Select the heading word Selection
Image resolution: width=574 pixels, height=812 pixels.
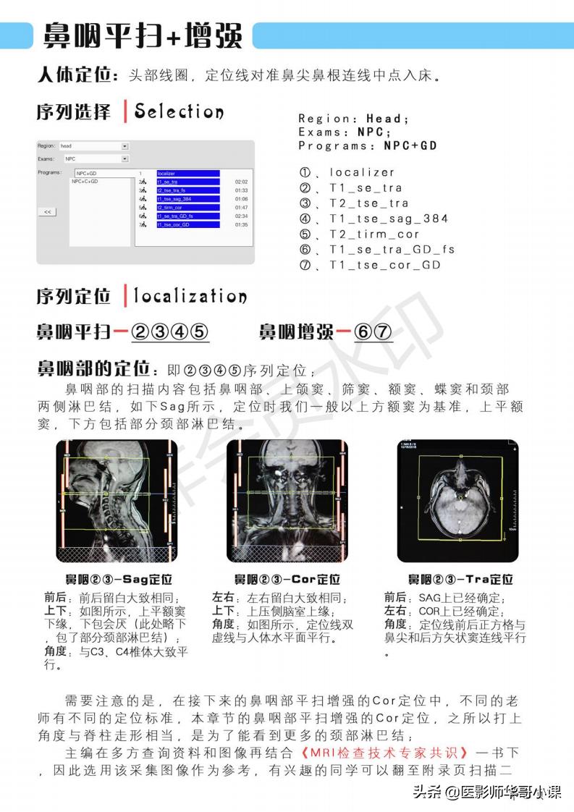(x=179, y=112)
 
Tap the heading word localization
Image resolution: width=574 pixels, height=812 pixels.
(x=190, y=297)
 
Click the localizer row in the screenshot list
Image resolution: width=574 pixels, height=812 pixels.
(x=187, y=174)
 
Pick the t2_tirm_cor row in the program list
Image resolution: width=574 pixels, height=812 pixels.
(x=187, y=207)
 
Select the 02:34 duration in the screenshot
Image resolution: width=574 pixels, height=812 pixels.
(x=241, y=216)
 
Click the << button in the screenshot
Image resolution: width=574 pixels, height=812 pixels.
(x=46, y=212)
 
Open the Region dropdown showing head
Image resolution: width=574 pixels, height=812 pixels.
(x=93, y=146)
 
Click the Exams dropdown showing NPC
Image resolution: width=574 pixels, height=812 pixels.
(x=95, y=158)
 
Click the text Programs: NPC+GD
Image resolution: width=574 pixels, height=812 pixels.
(x=368, y=145)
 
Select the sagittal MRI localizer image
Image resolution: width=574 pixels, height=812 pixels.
(x=117, y=502)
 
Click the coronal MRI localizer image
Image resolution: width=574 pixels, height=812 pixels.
(x=287, y=502)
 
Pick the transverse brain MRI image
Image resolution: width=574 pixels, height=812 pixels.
(x=457, y=502)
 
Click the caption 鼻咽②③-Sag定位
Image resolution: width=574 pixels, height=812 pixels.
(x=118, y=580)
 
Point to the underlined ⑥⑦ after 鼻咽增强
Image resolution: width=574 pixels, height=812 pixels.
(x=373, y=332)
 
